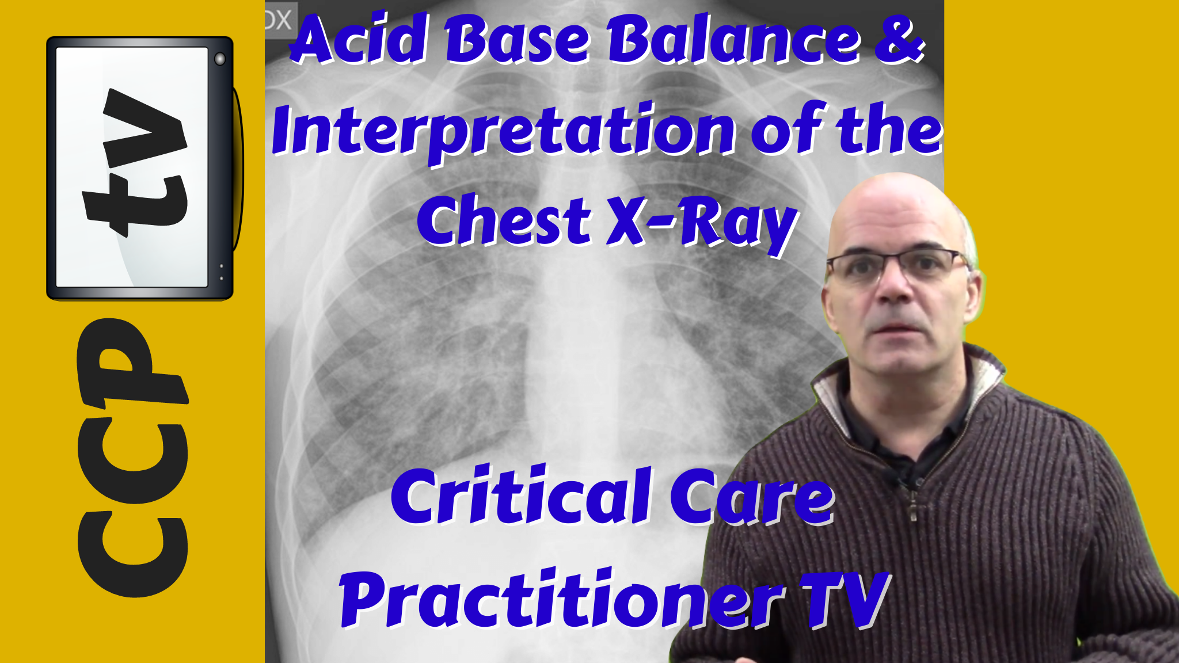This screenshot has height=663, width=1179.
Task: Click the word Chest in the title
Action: point(504,220)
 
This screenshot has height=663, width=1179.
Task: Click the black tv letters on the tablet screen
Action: point(136,163)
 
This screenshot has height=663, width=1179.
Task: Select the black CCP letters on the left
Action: point(132,458)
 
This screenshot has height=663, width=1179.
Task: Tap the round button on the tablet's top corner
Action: point(220,59)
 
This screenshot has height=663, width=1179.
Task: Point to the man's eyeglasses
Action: point(898,265)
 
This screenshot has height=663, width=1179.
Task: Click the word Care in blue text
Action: point(752,496)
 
